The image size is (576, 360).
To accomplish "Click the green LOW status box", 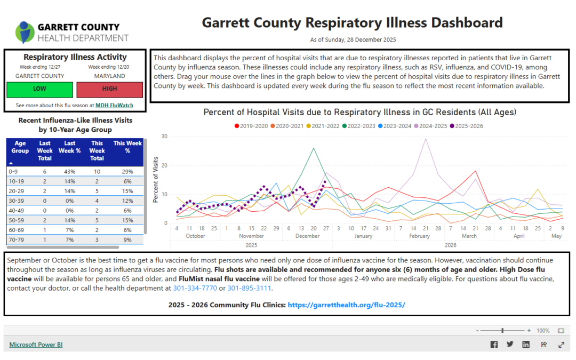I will [39, 90].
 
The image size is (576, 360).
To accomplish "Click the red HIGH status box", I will [109, 90].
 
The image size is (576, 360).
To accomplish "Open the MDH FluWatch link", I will [114, 106].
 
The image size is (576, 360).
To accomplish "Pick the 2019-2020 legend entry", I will [253, 126].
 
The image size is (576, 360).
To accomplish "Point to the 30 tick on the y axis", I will [164, 137].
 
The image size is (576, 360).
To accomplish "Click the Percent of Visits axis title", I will [156, 180].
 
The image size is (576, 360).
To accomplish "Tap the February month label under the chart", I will [419, 236].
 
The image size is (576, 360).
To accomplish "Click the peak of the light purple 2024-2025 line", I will [426, 139].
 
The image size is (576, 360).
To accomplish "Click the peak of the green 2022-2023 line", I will [314, 148].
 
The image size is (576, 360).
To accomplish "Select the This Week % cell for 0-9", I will [127, 172].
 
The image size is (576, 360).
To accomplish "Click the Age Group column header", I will [20, 147].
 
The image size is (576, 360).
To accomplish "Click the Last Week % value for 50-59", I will [70, 220].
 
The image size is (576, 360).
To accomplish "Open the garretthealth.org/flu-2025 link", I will [346, 305].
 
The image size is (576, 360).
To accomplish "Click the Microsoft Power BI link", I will [36, 345].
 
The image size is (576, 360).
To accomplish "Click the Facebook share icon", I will [494, 345].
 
